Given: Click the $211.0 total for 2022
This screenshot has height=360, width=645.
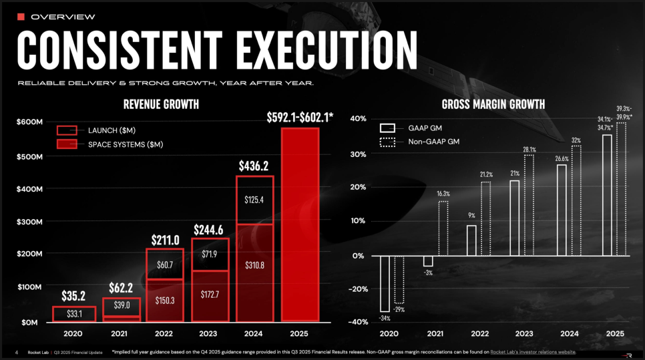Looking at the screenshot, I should pyautogui.click(x=165, y=239).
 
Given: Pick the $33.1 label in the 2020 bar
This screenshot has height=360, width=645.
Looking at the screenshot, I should pyautogui.click(x=75, y=313).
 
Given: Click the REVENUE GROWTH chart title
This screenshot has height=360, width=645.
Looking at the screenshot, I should pyautogui.click(x=161, y=104).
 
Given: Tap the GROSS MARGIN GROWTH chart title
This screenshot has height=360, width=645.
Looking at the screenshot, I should pyautogui.click(x=493, y=104).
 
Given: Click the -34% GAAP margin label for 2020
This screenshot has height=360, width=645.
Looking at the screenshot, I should pyautogui.click(x=385, y=318).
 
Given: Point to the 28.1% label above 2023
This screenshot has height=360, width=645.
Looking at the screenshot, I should pyautogui.click(x=528, y=149).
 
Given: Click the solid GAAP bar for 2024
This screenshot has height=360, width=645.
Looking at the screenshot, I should pyautogui.click(x=562, y=210).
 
